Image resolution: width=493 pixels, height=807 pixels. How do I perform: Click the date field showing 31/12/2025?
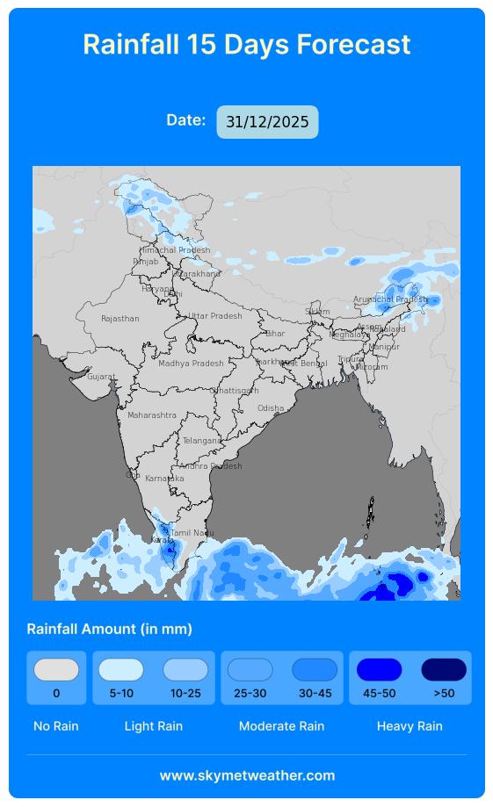point(267,122)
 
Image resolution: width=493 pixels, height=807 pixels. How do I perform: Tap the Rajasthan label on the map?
point(120,319)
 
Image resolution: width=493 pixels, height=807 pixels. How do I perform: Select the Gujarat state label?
point(100,377)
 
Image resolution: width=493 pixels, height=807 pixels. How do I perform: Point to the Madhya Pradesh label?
point(191,364)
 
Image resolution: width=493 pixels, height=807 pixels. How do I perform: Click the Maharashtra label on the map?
point(151,415)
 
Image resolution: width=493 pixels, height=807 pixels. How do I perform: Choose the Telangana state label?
point(201,441)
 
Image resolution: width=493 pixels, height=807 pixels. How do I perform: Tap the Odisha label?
point(271,408)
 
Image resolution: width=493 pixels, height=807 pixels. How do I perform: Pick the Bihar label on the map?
point(275,334)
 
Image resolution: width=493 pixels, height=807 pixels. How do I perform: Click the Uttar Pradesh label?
point(214,316)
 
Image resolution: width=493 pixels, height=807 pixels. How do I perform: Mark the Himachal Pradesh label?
point(175,250)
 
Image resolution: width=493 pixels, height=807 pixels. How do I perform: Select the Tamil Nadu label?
point(192,533)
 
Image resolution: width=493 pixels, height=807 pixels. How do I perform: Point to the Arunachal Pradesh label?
point(389,299)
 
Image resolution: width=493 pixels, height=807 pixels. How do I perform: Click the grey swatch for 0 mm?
point(56,670)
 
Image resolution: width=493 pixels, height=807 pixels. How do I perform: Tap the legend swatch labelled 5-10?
point(121,670)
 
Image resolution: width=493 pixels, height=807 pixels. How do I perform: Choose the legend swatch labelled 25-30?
point(250,670)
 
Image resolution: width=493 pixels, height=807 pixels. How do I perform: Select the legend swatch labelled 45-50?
point(379,670)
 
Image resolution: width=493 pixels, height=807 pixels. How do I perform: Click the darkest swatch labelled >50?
point(444,670)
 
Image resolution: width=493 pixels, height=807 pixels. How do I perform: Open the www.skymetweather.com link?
point(247,775)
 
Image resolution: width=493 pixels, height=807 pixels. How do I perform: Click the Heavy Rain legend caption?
point(410,726)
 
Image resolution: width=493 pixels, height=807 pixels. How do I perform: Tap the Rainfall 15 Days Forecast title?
point(247,44)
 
